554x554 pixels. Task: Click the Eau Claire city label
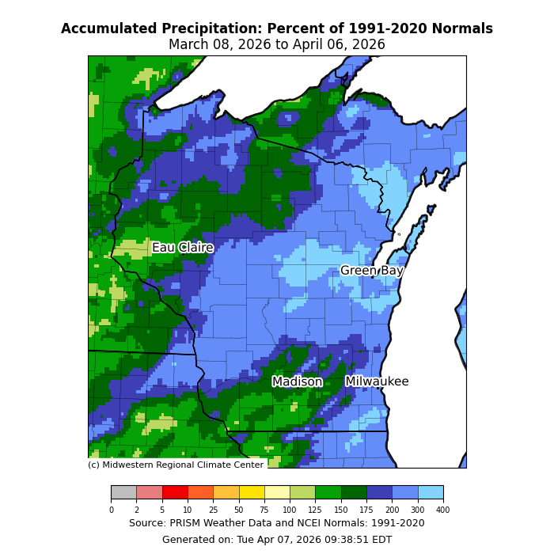pyautogui.click(x=182, y=248)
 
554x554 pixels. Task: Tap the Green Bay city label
pyautogui.click(x=371, y=271)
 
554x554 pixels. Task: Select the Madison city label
pyautogui.click(x=297, y=381)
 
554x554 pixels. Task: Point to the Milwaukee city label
pyautogui.click(x=377, y=381)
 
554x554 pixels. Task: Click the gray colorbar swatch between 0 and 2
pyautogui.click(x=123, y=492)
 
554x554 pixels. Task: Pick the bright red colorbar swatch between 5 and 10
pyautogui.click(x=175, y=492)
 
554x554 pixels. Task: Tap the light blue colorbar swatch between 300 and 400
pyautogui.click(x=431, y=492)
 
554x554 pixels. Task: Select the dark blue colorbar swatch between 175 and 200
pyautogui.click(x=379, y=492)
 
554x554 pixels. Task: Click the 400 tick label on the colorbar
pyautogui.click(x=442, y=510)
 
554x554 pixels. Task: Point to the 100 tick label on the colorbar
pyautogui.click(x=290, y=510)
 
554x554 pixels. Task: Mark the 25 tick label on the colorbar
pyautogui.click(x=213, y=510)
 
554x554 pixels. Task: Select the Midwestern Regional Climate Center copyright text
pyautogui.click(x=176, y=465)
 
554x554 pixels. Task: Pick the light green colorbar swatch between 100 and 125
pyautogui.click(x=302, y=492)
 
